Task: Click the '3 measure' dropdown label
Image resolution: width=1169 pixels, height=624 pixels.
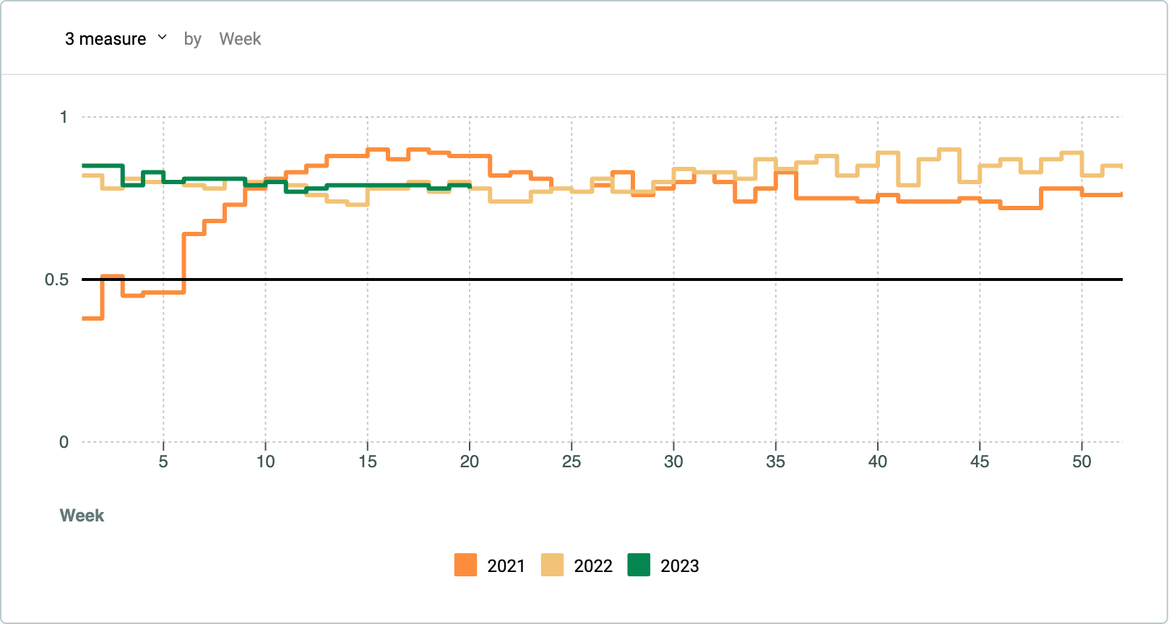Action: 105,39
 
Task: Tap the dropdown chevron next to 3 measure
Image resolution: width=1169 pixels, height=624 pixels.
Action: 163,37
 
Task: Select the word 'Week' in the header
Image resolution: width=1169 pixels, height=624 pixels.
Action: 240,39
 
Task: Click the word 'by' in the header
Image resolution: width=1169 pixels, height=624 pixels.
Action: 193,40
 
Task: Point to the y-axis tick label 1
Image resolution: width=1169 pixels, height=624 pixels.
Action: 64,117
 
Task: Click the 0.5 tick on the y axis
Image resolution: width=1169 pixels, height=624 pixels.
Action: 56,279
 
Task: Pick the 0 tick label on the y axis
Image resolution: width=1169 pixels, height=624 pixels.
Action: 64,443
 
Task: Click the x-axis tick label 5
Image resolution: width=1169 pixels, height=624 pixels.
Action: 163,461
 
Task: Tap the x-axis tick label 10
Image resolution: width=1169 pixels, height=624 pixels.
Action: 265,461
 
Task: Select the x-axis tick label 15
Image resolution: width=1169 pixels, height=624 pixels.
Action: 368,461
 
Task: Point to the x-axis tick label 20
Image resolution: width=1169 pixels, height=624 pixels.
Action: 469,461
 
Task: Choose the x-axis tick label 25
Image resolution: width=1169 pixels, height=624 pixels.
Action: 571,461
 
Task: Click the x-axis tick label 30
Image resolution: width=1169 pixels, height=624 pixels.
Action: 673,461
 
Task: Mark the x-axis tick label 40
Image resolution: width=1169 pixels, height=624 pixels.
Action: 877,461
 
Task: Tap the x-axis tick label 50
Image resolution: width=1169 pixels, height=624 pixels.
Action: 1082,461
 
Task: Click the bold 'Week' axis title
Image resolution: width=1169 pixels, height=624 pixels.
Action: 82,516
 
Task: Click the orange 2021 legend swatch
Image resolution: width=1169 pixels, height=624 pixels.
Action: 465,565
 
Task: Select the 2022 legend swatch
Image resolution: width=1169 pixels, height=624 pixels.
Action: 552,565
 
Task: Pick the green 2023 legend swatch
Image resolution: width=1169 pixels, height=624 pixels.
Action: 639,565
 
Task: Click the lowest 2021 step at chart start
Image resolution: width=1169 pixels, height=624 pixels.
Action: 92,318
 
